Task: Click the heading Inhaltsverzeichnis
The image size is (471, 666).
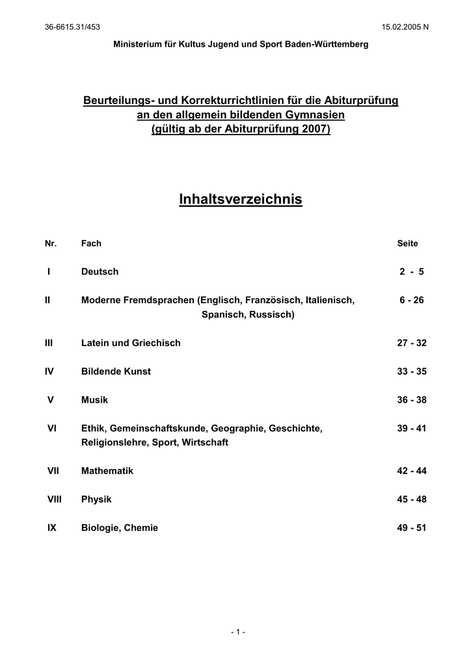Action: point(240,200)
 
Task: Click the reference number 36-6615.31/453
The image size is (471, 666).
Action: point(72,26)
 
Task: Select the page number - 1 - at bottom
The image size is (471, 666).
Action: point(237,632)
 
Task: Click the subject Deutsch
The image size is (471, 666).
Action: point(100,272)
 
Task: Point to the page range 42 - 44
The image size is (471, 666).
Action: point(411,471)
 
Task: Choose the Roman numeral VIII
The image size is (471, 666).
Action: point(54,499)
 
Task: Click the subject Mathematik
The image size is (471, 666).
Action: point(107,471)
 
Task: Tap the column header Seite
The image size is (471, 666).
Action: point(407,244)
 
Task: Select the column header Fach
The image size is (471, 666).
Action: point(91,244)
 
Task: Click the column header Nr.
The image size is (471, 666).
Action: point(51,244)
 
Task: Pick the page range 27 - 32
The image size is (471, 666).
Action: point(411,343)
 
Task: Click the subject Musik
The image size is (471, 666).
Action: point(94,400)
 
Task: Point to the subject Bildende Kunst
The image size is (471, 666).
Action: point(116,371)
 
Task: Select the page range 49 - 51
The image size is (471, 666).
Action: point(411,528)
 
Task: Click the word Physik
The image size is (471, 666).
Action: point(96,499)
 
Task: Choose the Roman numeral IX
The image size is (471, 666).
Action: point(52,528)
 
